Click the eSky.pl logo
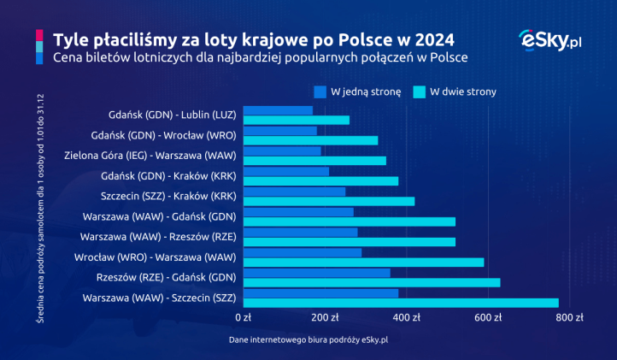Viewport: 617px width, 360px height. [549, 40]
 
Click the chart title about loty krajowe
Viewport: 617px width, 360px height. [254, 39]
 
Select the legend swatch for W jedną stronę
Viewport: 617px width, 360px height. [320, 91]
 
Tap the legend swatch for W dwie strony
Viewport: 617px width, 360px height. [419, 91]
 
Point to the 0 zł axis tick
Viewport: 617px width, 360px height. [244, 317]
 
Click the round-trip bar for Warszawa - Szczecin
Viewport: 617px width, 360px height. [400, 303]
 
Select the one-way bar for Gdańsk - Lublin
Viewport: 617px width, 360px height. [278, 110]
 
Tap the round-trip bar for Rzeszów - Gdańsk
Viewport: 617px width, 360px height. [390, 282]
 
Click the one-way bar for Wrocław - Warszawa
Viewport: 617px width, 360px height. [303, 252]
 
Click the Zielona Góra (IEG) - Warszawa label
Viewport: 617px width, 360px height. [151, 156]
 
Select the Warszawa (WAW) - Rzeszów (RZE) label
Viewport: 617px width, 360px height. [158, 236]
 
